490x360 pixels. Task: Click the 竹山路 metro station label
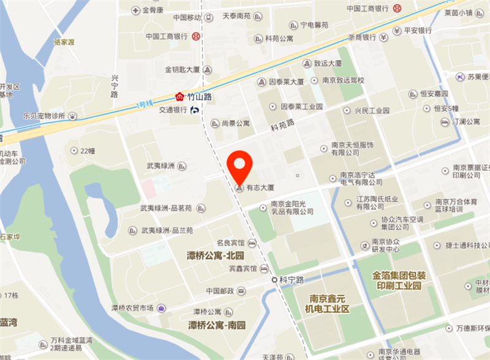[199, 97]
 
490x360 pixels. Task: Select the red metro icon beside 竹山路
[179, 97]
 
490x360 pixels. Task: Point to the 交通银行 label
[172, 110]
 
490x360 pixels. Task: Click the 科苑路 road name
[282, 126]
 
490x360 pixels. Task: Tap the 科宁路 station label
[292, 280]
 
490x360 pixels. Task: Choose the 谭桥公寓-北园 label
[216, 255]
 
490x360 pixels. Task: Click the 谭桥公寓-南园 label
[216, 324]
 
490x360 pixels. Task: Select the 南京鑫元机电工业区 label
[328, 304]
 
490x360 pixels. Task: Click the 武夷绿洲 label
[160, 166]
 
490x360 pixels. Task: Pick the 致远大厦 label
[328, 63]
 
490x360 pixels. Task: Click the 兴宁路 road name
[115, 86]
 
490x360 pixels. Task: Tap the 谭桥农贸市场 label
[132, 307]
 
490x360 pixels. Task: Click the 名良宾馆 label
[230, 243]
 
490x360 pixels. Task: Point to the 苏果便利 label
[478, 77]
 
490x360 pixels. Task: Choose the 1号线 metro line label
[147, 106]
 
